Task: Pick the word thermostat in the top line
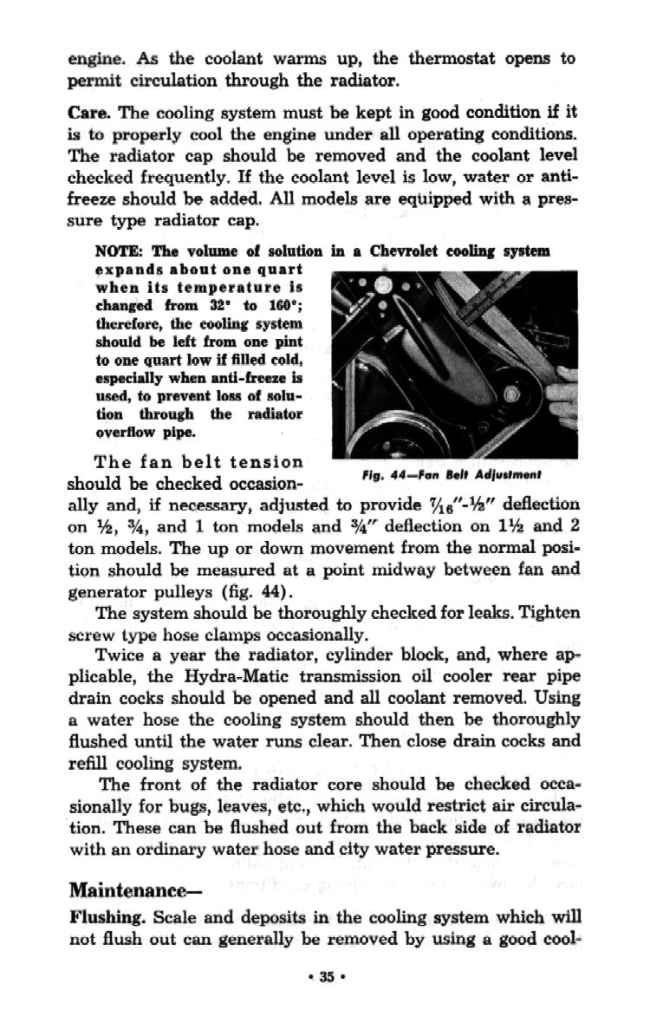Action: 445,59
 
